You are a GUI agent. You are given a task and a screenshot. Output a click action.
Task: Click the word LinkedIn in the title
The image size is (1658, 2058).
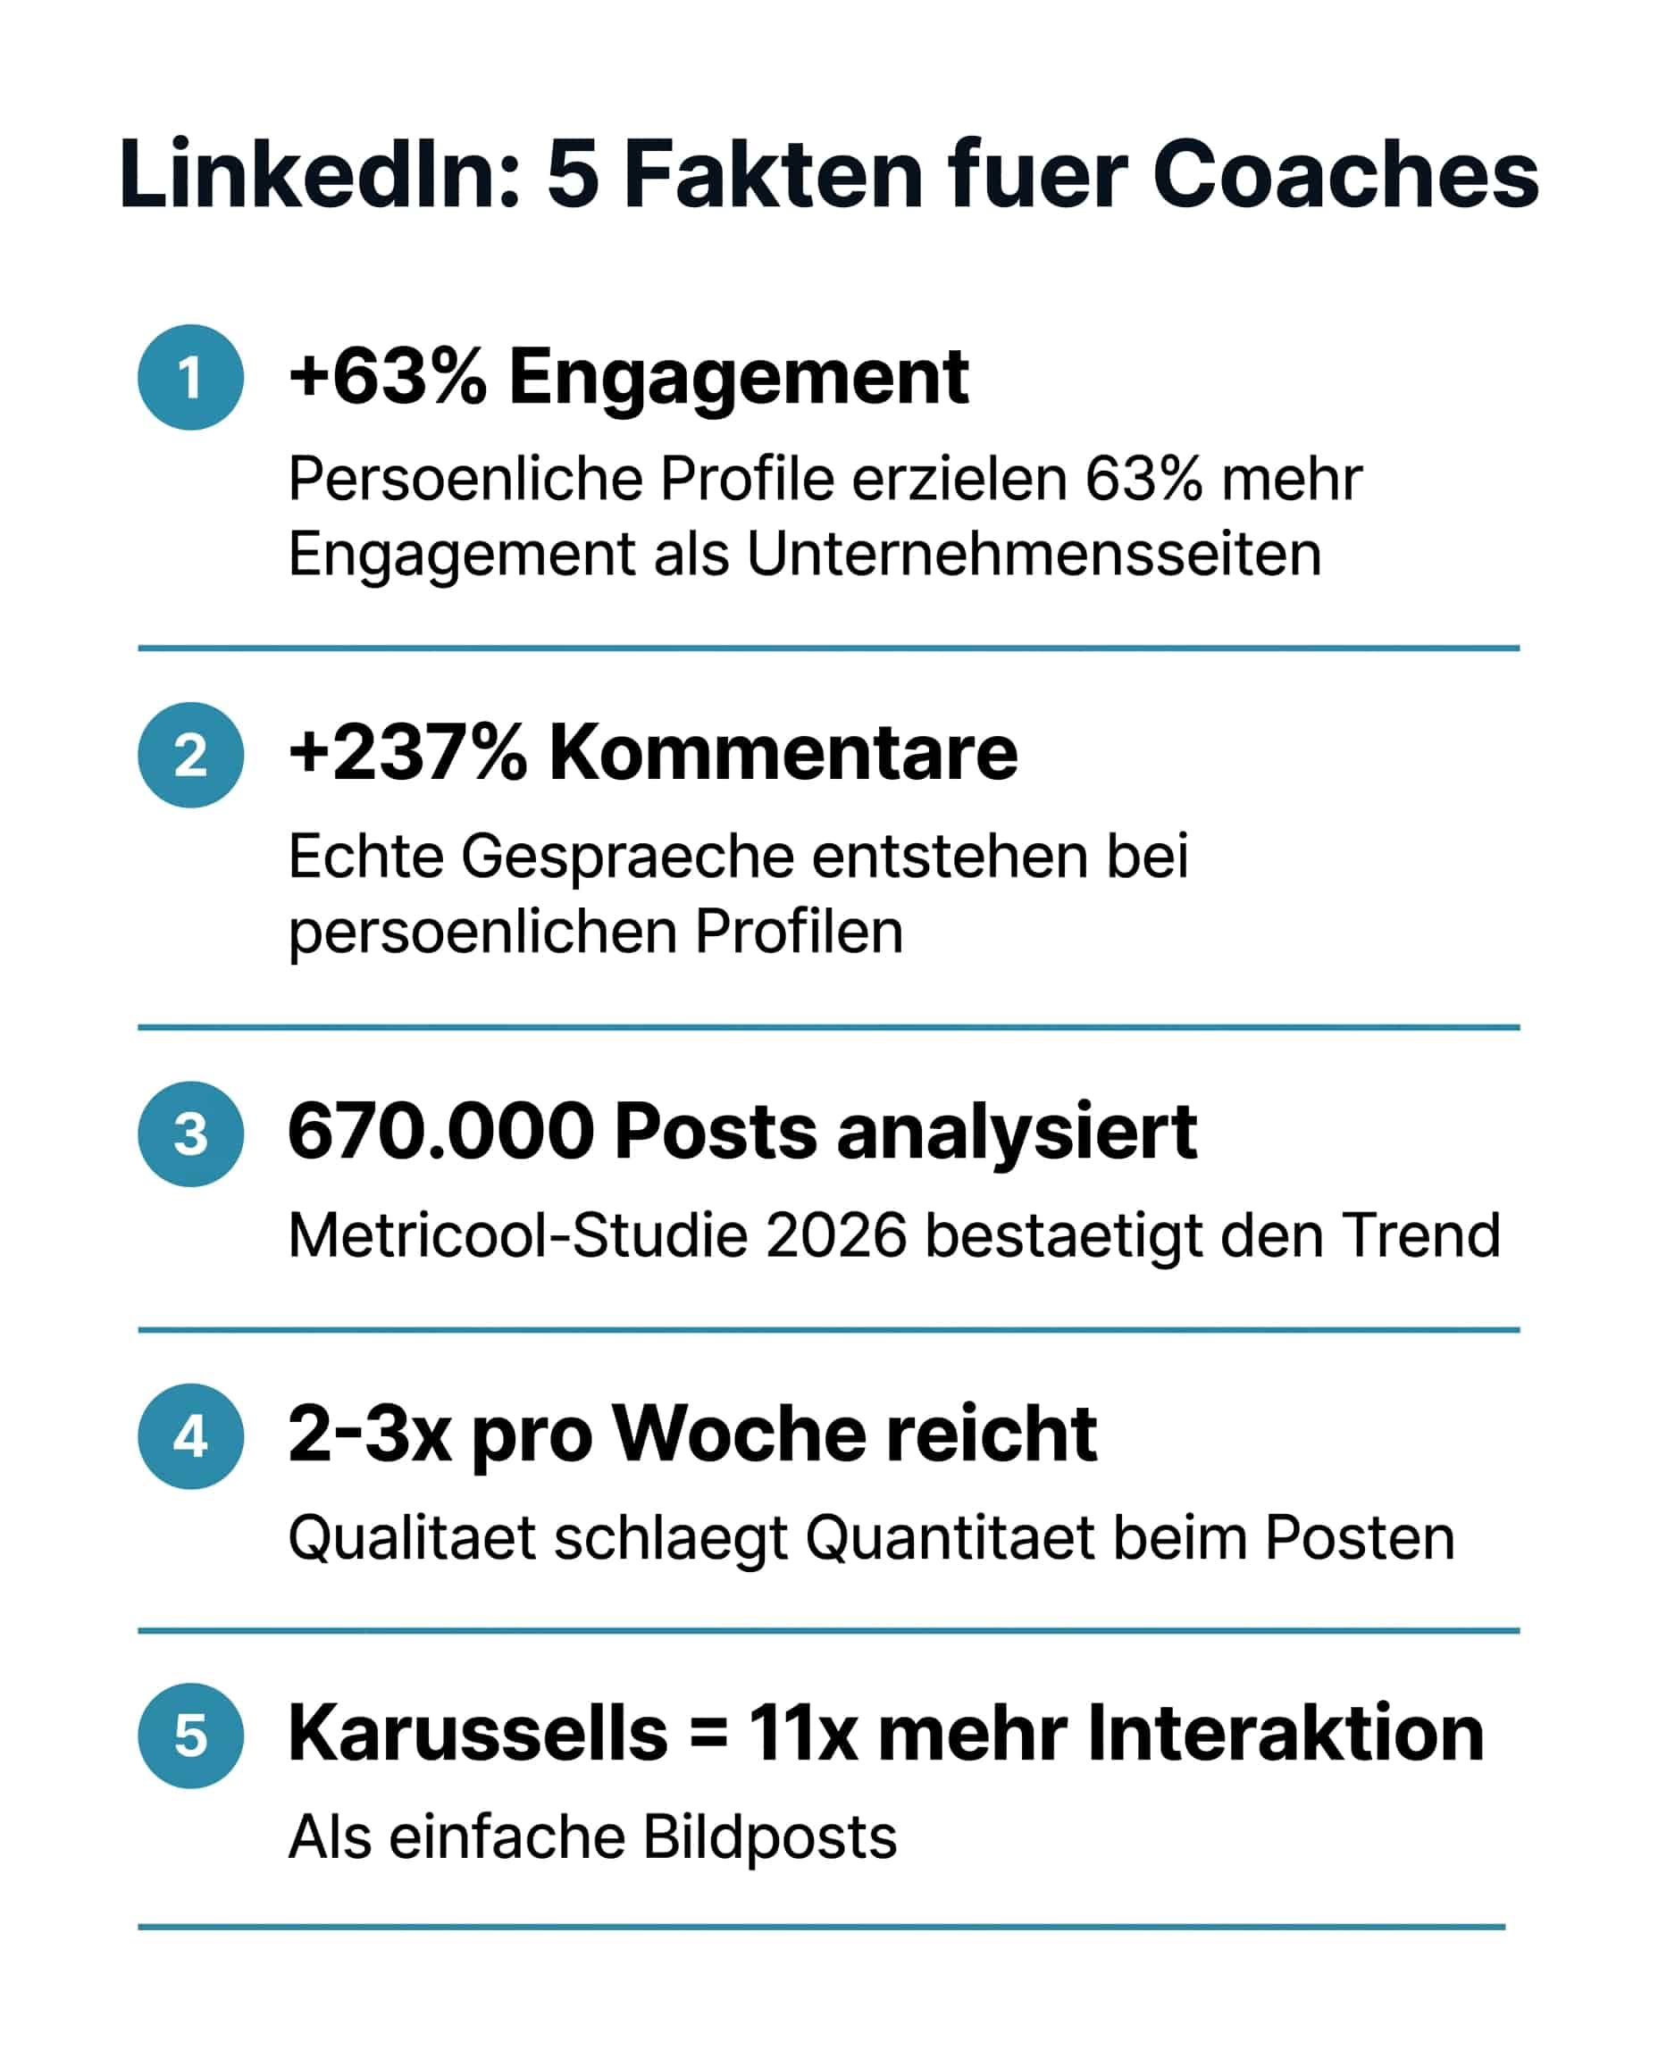click(320, 174)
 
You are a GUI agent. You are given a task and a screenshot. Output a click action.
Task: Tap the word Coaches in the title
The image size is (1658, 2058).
click(1345, 174)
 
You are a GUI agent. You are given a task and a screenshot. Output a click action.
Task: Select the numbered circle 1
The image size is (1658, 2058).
click(191, 377)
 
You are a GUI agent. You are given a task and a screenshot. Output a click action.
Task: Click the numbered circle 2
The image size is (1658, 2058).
click(191, 756)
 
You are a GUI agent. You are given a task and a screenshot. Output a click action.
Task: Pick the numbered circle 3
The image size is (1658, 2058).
click(191, 1134)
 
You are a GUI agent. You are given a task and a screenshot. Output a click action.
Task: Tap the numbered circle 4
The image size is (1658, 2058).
click(191, 1436)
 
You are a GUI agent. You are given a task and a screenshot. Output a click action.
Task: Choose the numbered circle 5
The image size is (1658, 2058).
click(191, 1736)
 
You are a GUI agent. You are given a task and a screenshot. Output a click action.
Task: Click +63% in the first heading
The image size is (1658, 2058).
click(388, 376)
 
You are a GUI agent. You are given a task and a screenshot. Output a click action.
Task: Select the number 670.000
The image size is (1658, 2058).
click(441, 1132)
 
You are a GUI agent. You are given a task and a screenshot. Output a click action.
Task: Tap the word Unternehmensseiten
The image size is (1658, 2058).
click(1034, 554)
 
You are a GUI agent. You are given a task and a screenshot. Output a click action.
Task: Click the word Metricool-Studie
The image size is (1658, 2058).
click(517, 1235)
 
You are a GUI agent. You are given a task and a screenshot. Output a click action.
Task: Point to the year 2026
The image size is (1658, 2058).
click(835, 1235)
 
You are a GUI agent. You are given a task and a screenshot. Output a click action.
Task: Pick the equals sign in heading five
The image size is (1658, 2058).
click(708, 1735)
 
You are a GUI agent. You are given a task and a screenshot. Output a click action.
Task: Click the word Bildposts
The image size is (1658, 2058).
click(770, 1837)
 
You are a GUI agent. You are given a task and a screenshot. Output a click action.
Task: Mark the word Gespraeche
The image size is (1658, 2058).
click(627, 857)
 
